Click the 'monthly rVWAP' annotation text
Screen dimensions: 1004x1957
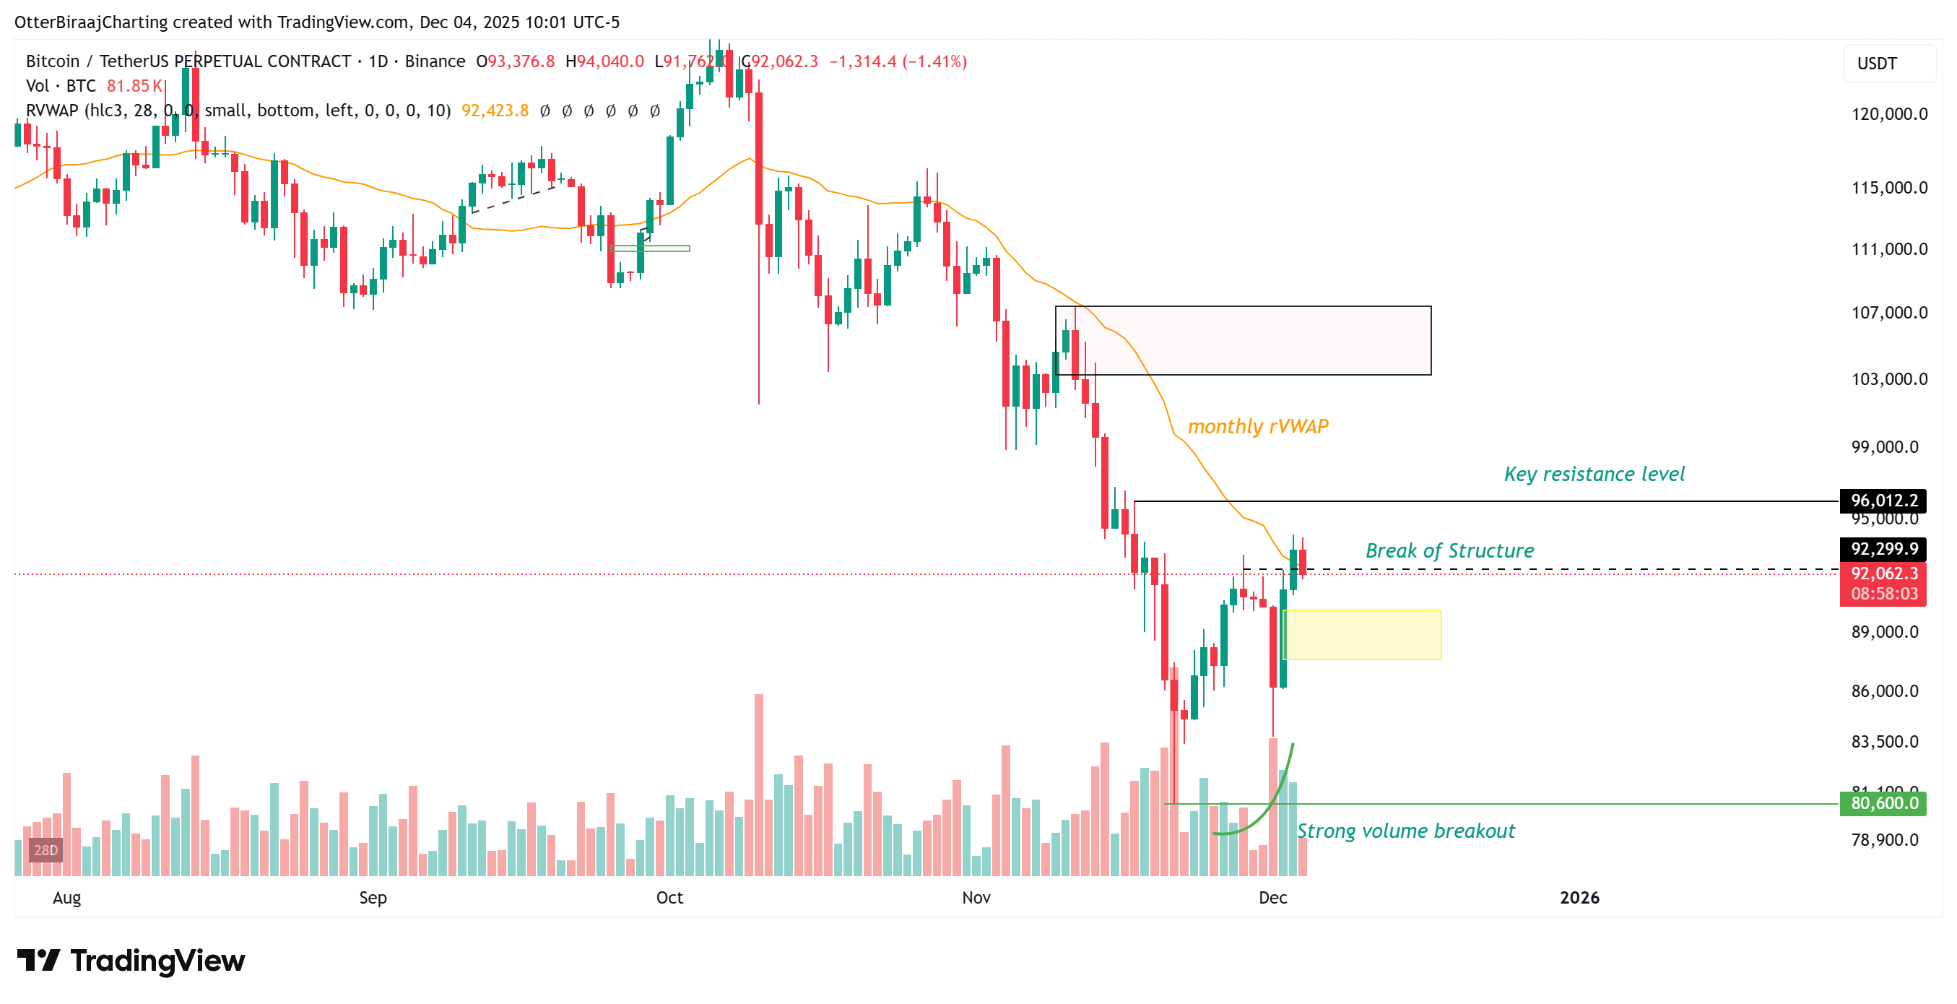(1257, 426)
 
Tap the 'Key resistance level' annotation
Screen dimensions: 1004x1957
(1593, 475)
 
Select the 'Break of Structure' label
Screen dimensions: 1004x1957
(1449, 550)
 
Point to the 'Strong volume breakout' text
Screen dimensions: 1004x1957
(1405, 831)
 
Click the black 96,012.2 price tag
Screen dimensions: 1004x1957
(1883, 500)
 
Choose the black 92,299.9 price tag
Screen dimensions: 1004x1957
(1883, 549)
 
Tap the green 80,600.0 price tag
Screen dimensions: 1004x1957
(1883, 803)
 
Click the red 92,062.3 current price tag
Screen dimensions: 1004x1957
(1883, 574)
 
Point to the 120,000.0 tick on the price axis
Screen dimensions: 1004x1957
(1888, 114)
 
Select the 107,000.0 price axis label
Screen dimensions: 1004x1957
(1888, 312)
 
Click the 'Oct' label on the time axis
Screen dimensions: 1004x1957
(669, 898)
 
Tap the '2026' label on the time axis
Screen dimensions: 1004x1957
(1579, 898)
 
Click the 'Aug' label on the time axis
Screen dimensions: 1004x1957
(67, 898)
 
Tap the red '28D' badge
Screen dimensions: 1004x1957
(45, 849)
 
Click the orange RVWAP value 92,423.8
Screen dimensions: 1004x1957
(495, 111)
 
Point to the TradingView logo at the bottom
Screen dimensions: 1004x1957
(131, 961)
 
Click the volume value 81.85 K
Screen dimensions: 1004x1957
(134, 86)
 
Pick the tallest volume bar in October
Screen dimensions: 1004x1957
(758, 783)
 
